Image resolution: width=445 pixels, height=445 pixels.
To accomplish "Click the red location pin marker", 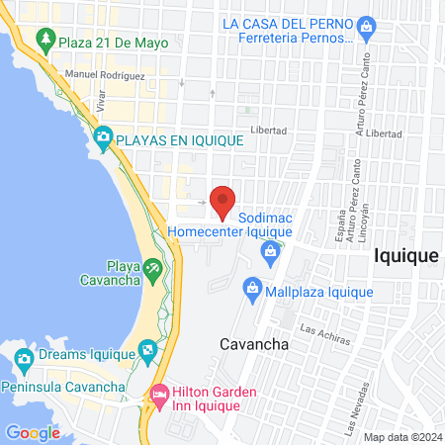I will [223, 201].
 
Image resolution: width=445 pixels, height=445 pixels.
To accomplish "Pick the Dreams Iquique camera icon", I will [147, 348].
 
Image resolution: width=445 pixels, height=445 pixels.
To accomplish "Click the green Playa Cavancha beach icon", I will [152, 268].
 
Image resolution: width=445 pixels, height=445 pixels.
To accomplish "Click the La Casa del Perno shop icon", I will [366, 25].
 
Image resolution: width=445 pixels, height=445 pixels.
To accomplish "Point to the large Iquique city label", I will [405, 255].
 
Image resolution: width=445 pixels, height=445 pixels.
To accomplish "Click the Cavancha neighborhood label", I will [253, 344].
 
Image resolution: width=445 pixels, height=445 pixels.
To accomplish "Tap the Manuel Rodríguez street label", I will [105, 75].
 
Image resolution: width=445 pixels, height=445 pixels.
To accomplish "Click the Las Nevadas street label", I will [351, 408].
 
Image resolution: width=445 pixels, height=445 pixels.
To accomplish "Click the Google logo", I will [33, 432].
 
